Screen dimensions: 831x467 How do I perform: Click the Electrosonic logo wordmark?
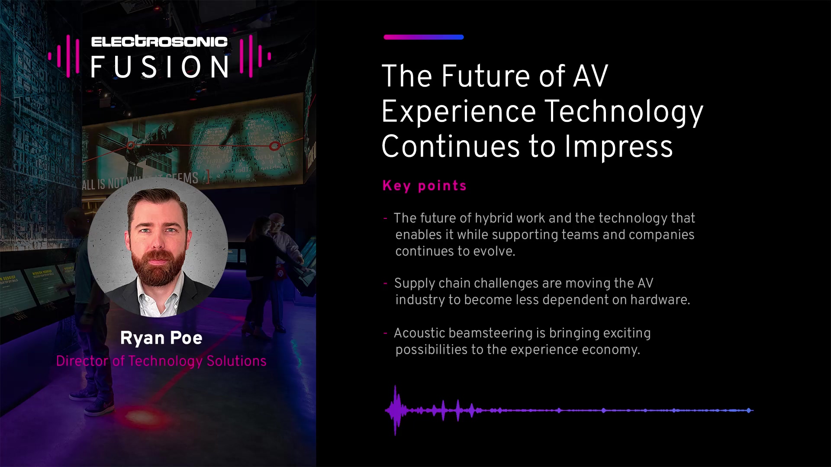coord(159,42)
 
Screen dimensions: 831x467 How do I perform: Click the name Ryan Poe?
coord(161,338)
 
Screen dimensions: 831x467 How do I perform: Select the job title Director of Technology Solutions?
coord(161,361)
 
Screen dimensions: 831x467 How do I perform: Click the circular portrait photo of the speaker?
coord(158,247)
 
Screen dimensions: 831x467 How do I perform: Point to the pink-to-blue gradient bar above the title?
coord(424,37)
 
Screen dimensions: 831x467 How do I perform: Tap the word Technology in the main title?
coord(624,112)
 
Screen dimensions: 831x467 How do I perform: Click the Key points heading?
coord(425,186)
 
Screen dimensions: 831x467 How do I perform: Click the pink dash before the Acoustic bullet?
coord(385,333)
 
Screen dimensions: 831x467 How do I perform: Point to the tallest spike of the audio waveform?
coord(395,410)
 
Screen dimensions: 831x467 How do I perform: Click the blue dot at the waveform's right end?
coord(749,410)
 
